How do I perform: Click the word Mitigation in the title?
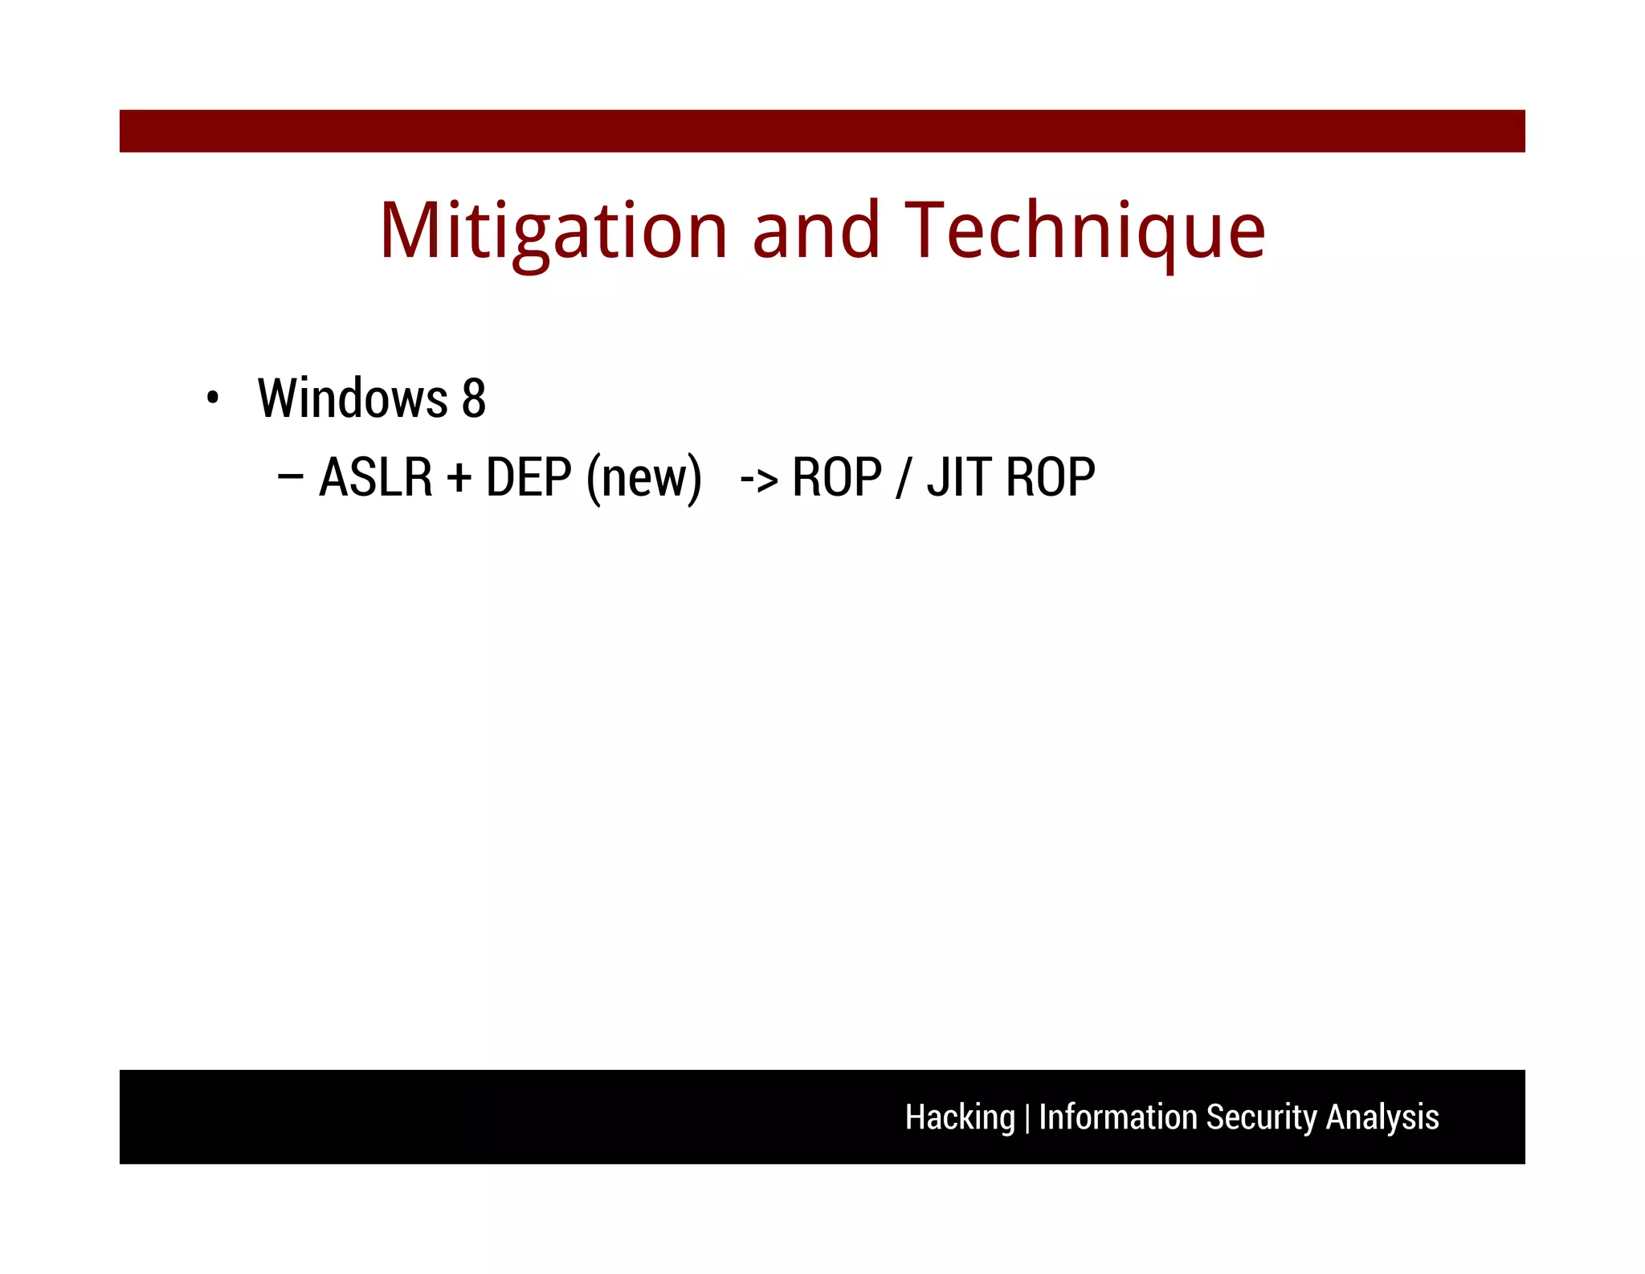click(553, 231)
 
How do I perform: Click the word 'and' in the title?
click(815, 231)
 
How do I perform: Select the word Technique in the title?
click(1084, 231)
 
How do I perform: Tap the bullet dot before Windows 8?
click(212, 398)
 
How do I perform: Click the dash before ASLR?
click(290, 476)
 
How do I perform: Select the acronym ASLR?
click(375, 477)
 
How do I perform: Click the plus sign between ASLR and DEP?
click(459, 479)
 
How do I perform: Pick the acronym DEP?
click(529, 477)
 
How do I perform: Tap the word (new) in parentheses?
click(643, 479)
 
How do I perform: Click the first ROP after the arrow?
click(836, 477)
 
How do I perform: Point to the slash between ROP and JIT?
click(904, 479)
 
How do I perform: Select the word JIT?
click(958, 477)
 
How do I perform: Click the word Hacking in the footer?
click(959, 1117)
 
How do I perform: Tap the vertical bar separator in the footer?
click(1027, 1118)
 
